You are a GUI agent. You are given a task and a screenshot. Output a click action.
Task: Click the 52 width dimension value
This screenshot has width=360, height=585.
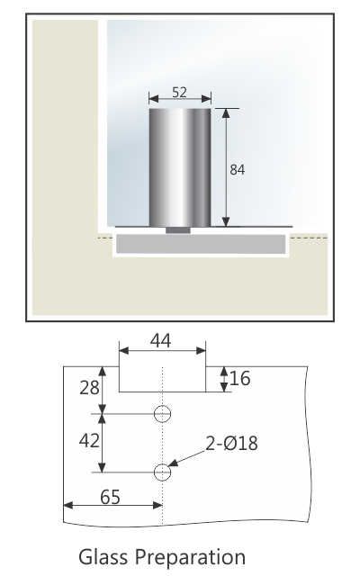180,91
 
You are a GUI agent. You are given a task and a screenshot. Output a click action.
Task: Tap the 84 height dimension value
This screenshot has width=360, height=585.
238,168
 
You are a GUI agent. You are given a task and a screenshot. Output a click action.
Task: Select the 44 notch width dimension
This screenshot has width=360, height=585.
162,340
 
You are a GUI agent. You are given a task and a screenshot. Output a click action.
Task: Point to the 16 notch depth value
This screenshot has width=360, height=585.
239,379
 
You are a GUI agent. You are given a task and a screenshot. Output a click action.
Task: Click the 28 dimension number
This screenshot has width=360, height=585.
88,388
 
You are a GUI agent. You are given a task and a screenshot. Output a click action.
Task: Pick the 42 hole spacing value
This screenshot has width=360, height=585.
88,442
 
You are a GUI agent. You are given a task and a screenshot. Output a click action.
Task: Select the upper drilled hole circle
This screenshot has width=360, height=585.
162,414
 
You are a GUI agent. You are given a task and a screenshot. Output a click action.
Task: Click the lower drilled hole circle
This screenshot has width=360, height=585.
162,472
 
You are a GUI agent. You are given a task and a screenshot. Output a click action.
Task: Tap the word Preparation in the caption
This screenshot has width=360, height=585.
190,558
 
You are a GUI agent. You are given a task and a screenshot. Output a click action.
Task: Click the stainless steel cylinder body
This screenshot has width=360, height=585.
180,166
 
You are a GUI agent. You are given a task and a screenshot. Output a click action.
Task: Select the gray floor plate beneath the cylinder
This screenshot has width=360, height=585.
199,243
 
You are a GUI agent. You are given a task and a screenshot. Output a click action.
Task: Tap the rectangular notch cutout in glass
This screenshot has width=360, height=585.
162,378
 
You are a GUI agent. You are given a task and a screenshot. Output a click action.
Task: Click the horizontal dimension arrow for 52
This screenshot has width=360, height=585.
180,101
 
